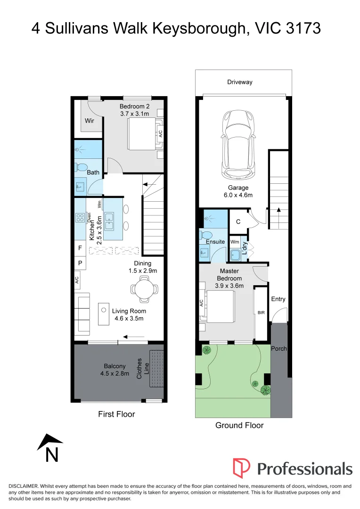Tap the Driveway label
point(240,82)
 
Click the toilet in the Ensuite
point(205,235)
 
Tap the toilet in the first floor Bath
point(81,166)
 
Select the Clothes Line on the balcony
point(156,369)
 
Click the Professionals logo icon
point(242,468)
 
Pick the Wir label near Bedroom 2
point(90,121)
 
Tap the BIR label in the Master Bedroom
point(261,312)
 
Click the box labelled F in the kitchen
point(80,247)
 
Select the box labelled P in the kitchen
point(80,263)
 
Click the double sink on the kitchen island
point(109,220)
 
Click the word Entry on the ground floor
point(278,299)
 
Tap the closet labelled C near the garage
point(238,221)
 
